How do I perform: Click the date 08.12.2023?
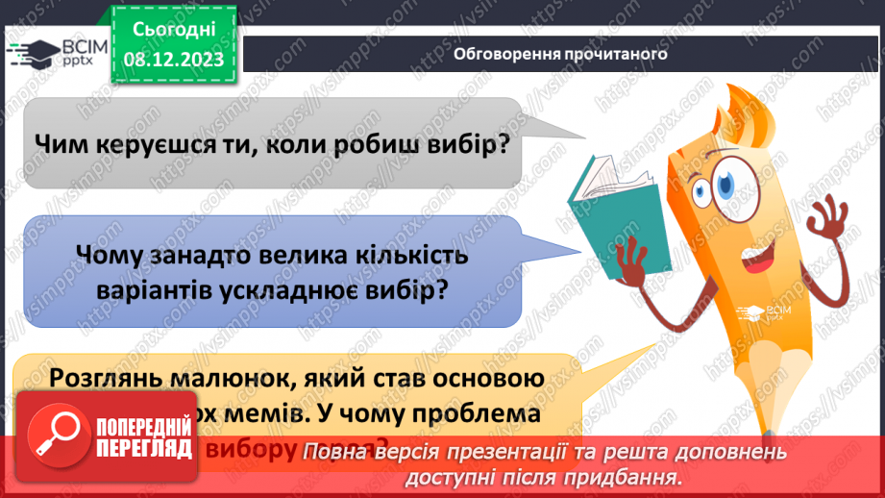(x=175, y=59)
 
